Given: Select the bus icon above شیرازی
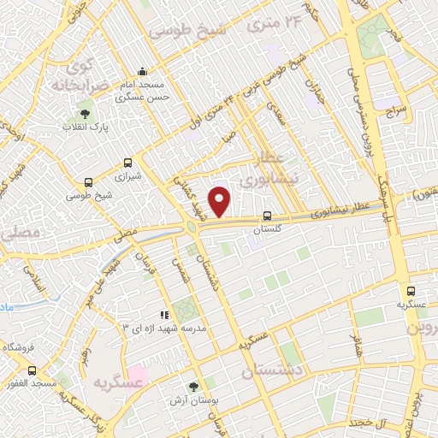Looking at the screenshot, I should tap(127, 163).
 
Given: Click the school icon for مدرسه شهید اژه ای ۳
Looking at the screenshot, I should tap(165, 315).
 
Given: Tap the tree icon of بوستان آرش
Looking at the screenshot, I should tap(192, 386).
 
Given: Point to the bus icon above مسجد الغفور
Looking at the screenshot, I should tap(33, 370).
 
